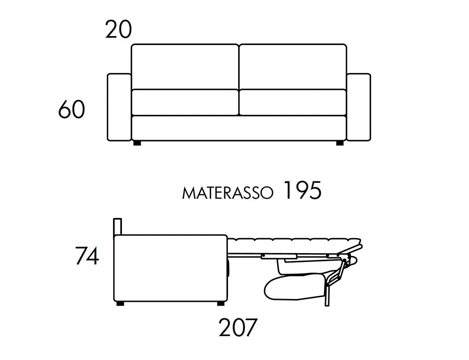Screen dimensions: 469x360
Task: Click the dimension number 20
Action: pos(119,30)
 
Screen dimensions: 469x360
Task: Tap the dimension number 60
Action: pos(71,109)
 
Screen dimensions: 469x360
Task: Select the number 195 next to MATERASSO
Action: pos(302,190)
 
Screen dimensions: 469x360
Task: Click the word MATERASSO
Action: pos(227,193)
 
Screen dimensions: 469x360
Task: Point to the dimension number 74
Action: pos(87,255)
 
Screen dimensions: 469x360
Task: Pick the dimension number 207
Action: pos(238,327)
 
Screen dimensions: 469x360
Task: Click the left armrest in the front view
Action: pos(119,107)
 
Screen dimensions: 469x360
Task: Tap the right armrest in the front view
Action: pos(359,107)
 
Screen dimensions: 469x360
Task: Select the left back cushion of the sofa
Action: pos(185,67)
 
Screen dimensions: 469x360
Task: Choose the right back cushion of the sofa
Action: pos(293,67)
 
